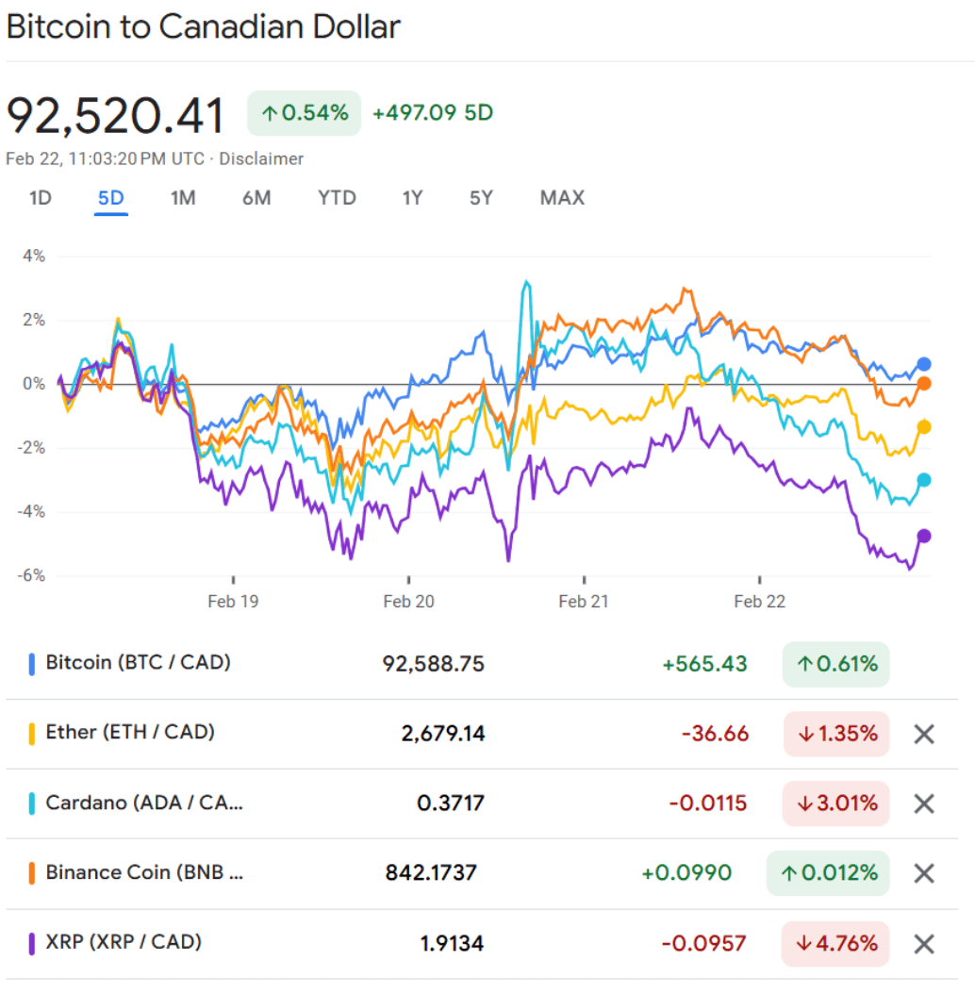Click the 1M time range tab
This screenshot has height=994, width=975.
click(x=183, y=198)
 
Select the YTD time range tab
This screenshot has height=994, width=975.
click(x=337, y=198)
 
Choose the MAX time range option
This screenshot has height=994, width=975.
click(x=562, y=198)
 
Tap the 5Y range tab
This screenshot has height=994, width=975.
click(x=481, y=198)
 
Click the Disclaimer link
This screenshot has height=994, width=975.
click(x=261, y=159)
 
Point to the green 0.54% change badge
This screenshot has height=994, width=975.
click(x=304, y=113)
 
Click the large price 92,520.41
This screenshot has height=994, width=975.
click(x=116, y=116)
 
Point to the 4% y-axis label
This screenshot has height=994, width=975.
click(x=35, y=257)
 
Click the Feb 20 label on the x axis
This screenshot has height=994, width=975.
click(x=409, y=602)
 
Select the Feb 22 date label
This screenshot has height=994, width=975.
click(x=760, y=602)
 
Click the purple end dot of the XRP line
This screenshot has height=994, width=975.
click(x=924, y=536)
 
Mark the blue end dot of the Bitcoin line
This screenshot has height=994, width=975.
click(x=924, y=364)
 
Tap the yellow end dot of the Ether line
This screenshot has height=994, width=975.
click(x=924, y=427)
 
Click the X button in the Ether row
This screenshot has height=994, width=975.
click(x=924, y=734)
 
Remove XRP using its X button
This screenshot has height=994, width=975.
click(x=924, y=943)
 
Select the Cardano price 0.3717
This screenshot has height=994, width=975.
click(x=451, y=803)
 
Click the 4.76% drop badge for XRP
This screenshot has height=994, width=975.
click(x=835, y=943)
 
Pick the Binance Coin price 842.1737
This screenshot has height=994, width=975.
click(x=431, y=872)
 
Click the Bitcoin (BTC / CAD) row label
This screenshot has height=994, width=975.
click(x=138, y=663)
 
